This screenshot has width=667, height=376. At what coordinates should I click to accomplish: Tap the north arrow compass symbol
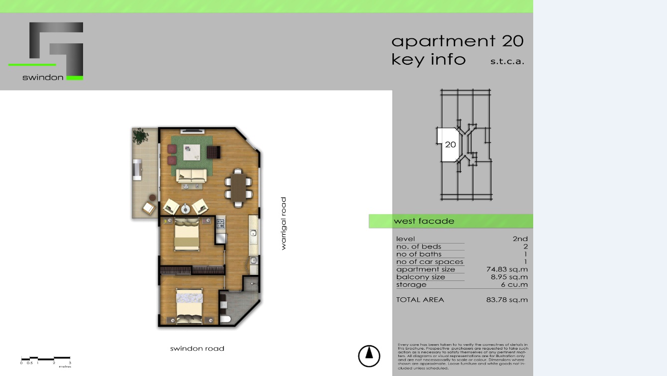(x=369, y=356)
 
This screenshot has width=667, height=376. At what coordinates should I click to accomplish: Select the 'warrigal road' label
(x=284, y=223)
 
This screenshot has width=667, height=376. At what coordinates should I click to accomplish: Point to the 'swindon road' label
(x=197, y=349)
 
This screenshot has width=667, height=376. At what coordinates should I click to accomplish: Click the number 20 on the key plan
(x=450, y=145)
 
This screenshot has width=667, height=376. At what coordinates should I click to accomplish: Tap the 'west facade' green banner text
(x=424, y=221)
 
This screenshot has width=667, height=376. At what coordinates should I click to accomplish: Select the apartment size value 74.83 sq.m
(x=507, y=269)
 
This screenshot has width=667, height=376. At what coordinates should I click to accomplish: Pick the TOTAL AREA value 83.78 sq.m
(x=507, y=300)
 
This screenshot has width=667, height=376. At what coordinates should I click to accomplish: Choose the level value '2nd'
(x=520, y=239)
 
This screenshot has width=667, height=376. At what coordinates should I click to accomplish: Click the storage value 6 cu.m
(x=514, y=285)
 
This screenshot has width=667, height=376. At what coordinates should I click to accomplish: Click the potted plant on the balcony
(x=140, y=135)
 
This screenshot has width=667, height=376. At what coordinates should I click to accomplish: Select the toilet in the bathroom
(x=225, y=319)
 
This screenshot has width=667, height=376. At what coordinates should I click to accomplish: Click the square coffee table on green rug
(x=192, y=152)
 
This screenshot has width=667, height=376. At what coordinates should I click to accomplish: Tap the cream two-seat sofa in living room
(x=191, y=175)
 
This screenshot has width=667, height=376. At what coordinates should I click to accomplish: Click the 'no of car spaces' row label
(x=430, y=262)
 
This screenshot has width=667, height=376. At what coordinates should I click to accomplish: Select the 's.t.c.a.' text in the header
(x=507, y=62)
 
